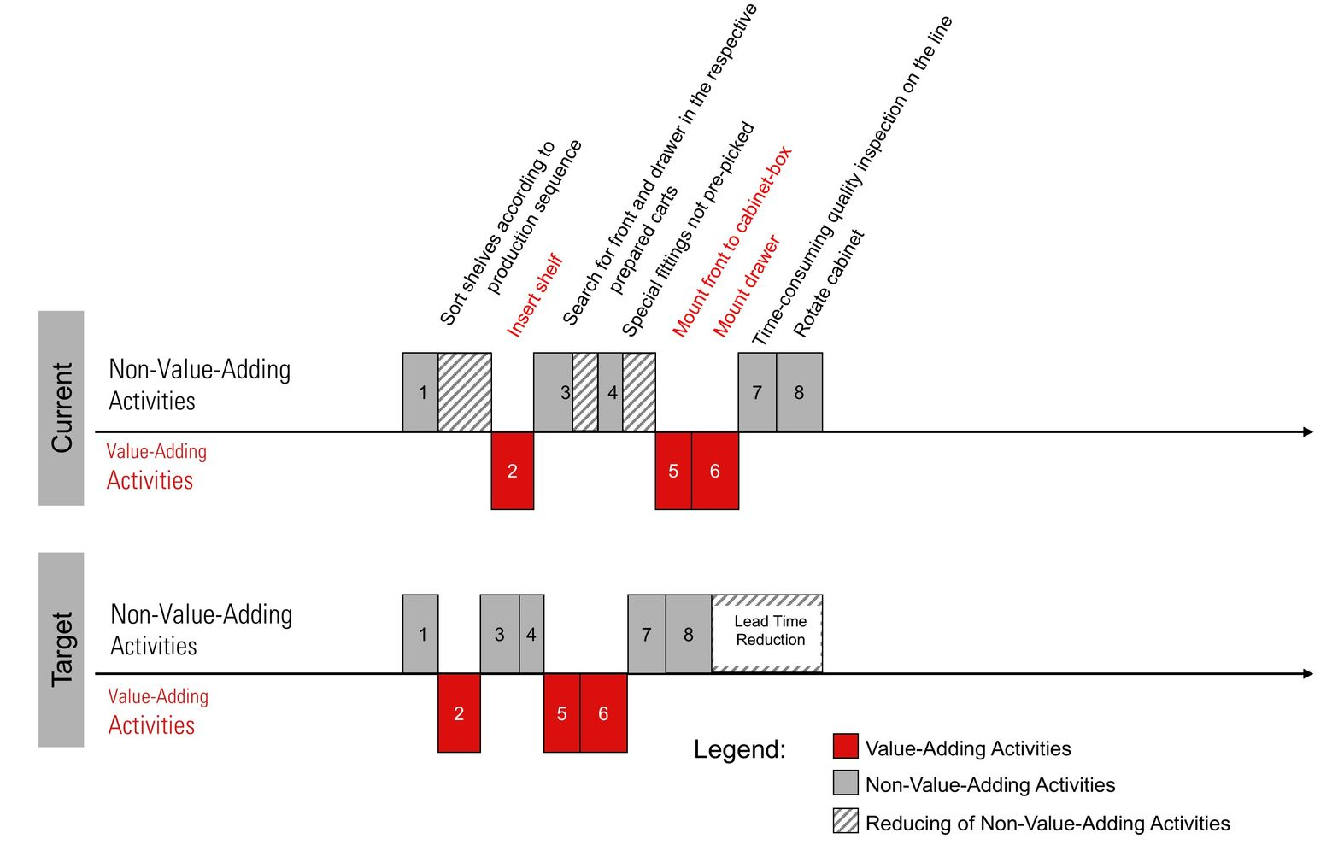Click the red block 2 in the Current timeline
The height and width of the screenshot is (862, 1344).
[x=513, y=471]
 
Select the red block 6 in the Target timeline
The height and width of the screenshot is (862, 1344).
[x=603, y=713]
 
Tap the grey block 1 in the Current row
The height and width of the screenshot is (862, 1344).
[x=420, y=392]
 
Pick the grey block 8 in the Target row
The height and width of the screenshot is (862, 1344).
[x=689, y=634]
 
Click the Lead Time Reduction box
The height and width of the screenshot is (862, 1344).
[x=767, y=633]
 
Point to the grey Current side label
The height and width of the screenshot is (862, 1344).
[x=62, y=408]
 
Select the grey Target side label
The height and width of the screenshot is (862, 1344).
[x=62, y=649]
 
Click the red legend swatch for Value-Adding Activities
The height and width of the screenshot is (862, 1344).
[x=845, y=746]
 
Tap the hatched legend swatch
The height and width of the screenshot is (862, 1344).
[x=845, y=821]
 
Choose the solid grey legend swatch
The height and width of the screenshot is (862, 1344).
[x=845, y=783]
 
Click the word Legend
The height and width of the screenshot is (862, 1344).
[x=739, y=750]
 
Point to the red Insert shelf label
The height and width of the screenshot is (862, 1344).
[x=534, y=296]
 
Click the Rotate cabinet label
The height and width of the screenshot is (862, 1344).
[x=829, y=283]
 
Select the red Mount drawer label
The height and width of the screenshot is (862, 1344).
[x=747, y=286]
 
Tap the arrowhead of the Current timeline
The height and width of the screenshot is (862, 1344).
[x=1309, y=432]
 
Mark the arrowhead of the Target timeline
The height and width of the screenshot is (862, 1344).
[x=1309, y=674]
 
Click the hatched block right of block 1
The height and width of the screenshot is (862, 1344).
[x=465, y=392]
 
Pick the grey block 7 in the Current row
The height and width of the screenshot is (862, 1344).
[x=757, y=392]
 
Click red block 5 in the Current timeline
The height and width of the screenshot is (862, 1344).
[x=673, y=471]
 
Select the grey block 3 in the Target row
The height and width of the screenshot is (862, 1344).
[x=500, y=634]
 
